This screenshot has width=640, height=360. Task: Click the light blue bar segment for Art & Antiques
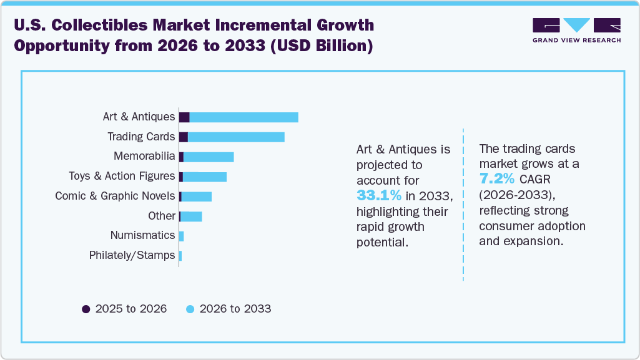(x=244, y=117)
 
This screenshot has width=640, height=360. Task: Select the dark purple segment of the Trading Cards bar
(x=183, y=137)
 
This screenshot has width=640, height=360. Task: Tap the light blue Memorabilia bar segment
(x=209, y=157)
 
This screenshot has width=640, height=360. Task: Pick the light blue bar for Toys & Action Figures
(x=205, y=177)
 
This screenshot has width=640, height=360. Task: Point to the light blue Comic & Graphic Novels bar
(x=197, y=197)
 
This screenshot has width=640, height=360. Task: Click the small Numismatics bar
(x=181, y=236)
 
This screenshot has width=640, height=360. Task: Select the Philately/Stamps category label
(x=132, y=255)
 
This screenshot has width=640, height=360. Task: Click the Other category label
(x=161, y=216)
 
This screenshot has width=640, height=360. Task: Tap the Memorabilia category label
(x=144, y=157)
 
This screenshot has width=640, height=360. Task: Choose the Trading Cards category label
(x=141, y=137)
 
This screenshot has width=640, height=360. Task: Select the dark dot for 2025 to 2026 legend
(x=86, y=309)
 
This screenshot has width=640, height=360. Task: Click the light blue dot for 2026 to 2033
(x=190, y=309)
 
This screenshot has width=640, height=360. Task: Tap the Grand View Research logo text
(x=576, y=41)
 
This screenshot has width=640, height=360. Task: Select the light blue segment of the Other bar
(x=191, y=216)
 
